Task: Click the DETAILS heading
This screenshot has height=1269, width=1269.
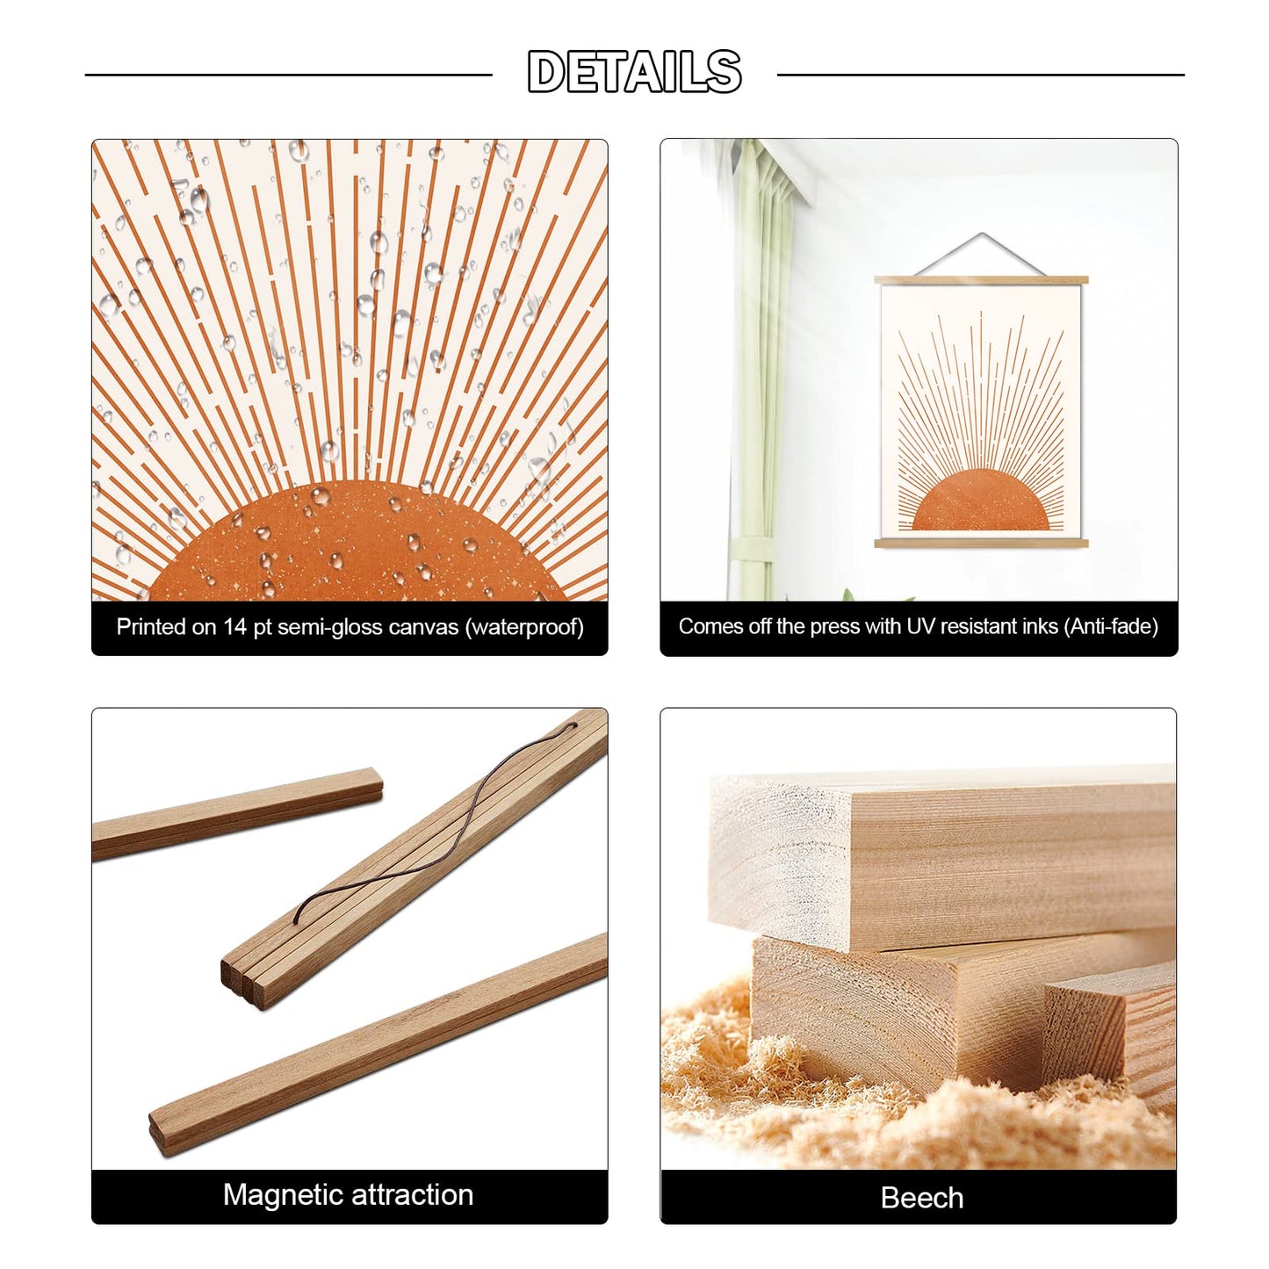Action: point(634,72)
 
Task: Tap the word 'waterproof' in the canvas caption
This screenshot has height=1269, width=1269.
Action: point(525,626)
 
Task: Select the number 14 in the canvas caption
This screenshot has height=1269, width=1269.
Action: point(234,626)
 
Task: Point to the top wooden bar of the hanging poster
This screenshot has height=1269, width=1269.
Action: point(981,280)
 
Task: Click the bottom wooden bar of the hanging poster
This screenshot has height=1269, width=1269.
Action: point(981,544)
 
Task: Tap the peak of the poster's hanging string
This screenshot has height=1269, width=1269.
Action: point(981,233)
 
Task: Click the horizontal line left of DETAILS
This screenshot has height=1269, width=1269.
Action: point(288,75)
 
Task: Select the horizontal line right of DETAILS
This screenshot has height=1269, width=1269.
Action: point(981,75)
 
